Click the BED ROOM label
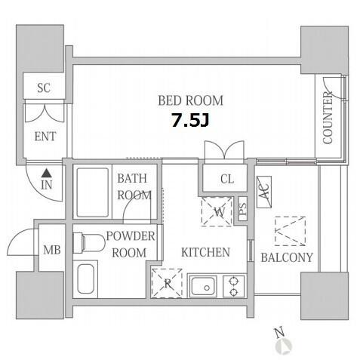tap(190, 100)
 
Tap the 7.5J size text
tap(190, 120)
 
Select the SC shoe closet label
tap(44, 88)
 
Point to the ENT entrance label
tap(45, 137)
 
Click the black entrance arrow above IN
tap(46, 173)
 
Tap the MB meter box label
tap(52, 250)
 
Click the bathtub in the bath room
tap(93, 192)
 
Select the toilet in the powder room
tap(89, 242)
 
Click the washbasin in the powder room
tap(85, 278)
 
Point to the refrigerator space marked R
tap(167, 283)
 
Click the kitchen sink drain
tap(207, 288)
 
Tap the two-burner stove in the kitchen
tap(234, 287)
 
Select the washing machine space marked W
tap(217, 211)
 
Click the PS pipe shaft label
tap(242, 208)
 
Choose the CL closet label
tap(227, 179)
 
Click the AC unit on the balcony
tap(264, 192)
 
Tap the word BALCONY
tap(287, 257)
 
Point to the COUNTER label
tap(328, 118)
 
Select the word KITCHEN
tap(205, 252)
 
